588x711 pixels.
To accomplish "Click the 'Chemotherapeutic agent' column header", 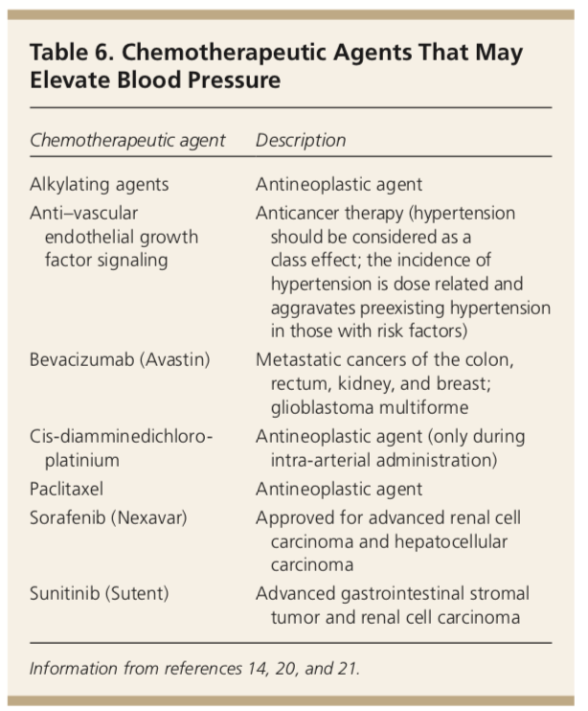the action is [127, 141].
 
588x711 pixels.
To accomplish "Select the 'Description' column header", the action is [301, 141].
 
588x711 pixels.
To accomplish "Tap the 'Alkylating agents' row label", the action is [100, 185].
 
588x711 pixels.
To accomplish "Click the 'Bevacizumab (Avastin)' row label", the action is [120, 360].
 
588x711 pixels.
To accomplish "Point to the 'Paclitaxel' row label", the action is [67, 490].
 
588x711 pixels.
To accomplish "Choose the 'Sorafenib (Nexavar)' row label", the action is [109, 517].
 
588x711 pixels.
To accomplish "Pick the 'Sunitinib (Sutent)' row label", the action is [100, 593].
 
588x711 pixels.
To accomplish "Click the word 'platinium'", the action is [82, 461].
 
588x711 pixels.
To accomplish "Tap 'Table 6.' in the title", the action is [71, 52].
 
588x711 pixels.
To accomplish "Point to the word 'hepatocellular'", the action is [451, 541].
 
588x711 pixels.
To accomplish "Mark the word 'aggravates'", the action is [312, 309].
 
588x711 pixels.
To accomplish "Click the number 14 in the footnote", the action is [257, 669].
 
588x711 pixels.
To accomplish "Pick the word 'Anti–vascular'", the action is [84, 213].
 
